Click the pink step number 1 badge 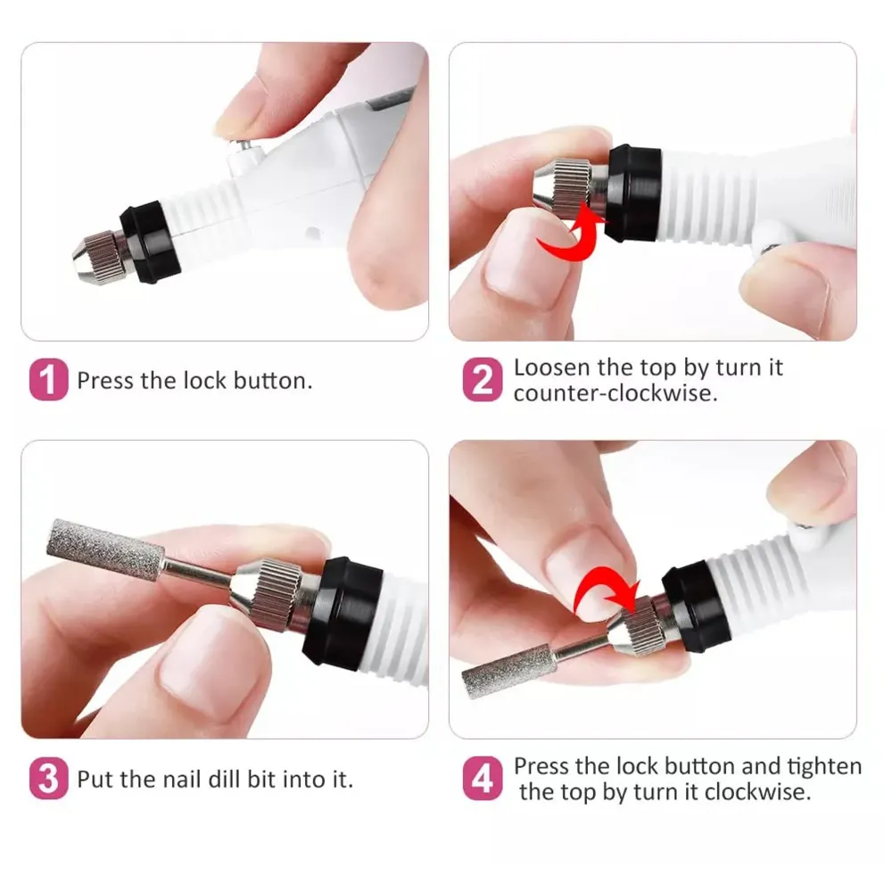[48, 381]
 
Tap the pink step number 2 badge [482, 381]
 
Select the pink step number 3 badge [48, 780]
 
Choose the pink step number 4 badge [482, 780]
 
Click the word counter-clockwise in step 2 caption [615, 393]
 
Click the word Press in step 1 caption [104, 381]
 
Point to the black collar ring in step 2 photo [632, 193]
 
